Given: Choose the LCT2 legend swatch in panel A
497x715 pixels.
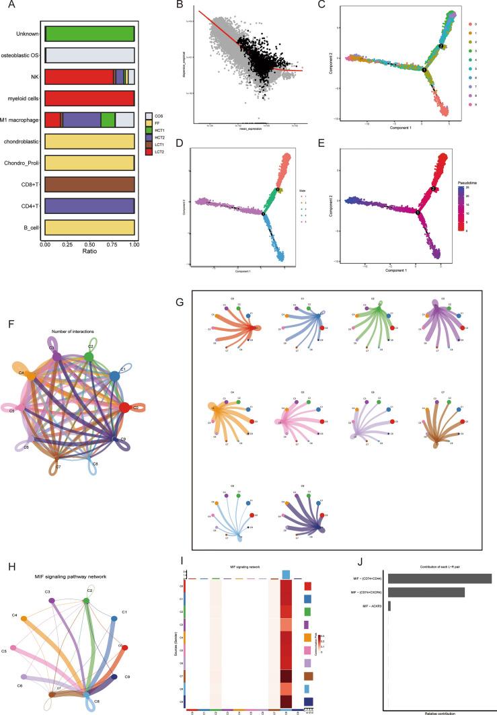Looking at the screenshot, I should point(150,153).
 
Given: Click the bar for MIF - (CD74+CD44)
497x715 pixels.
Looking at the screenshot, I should point(439,578).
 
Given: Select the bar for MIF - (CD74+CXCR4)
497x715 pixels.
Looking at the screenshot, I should point(426,593).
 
